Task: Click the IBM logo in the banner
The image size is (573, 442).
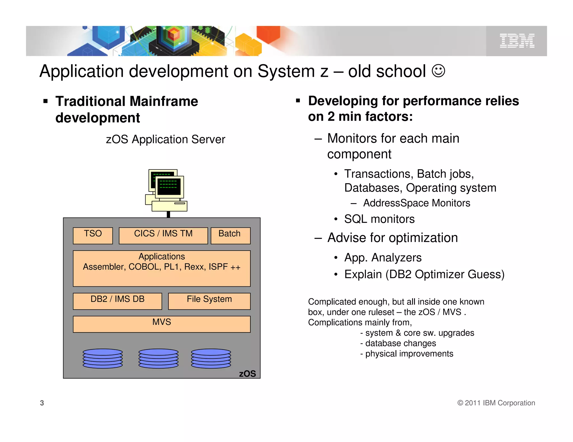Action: click(x=517, y=41)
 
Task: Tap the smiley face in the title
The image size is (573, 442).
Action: click(x=438, y=71)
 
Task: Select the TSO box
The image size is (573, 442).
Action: click(x=93, y=236)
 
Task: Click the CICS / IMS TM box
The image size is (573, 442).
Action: click(x=163, y=236)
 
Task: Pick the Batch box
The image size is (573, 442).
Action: click(x=230, y=236)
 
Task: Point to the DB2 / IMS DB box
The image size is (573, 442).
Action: click(x=117, y=301)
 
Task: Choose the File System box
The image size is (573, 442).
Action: click(x=209, y=301)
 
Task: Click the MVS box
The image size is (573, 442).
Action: click(x=161, y=324)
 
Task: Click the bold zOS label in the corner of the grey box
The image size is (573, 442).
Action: click(x=247, y=374)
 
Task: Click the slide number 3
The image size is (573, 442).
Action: click(x=42, y=403)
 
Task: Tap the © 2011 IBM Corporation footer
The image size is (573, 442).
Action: click(x=496, y=403)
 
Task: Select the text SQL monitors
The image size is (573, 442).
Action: click(x=379, y=219)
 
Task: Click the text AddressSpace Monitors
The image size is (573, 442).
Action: click(x=416, y=203)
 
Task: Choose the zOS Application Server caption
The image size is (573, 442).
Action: click(x=165, y=139)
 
